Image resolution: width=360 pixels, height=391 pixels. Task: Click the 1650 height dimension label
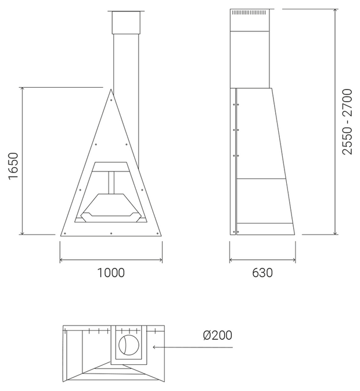point(13,166)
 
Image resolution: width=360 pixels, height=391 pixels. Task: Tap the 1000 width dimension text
point(111,273)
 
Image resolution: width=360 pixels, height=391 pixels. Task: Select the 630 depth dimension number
point(262,273)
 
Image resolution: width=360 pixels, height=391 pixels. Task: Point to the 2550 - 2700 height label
point(347,121)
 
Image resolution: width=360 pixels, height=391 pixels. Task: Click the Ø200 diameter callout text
point(218,335)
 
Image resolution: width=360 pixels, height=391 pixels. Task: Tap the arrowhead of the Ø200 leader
point(154,347)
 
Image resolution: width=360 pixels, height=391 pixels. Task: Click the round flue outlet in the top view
point(129,345)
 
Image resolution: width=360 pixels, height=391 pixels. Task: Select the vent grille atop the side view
point(249,12)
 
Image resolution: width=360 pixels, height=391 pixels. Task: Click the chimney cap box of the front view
point(126,23)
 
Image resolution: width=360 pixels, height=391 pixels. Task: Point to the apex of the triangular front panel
point(111,89)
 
